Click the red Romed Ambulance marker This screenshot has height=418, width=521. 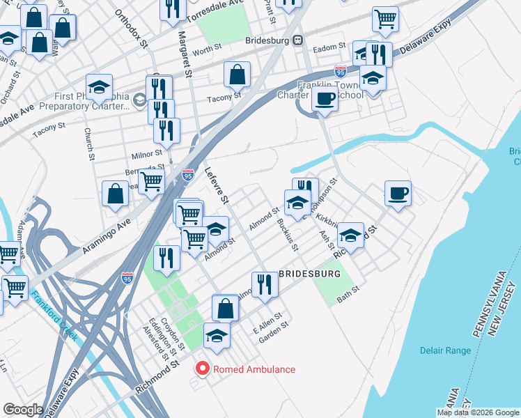(x=203, y=369)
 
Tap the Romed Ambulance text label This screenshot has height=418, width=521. (x=254, y=369)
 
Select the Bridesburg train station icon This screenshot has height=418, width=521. (x=297, y=40)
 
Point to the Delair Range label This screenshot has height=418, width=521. (x=446, y=350)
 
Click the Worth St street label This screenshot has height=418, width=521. (x=206, y=51)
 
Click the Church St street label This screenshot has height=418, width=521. (x=88, y=143)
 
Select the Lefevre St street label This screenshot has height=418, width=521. (x=216, y=185)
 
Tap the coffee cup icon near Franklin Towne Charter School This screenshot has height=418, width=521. (x=324, y=99)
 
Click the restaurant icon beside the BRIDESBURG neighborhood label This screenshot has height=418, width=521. (x=264, y=285)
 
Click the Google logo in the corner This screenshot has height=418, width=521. (x=23, y=410)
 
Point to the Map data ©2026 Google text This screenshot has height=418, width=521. (x=478, y=412)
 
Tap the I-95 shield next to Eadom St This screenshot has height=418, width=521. (x=340, y=71)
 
